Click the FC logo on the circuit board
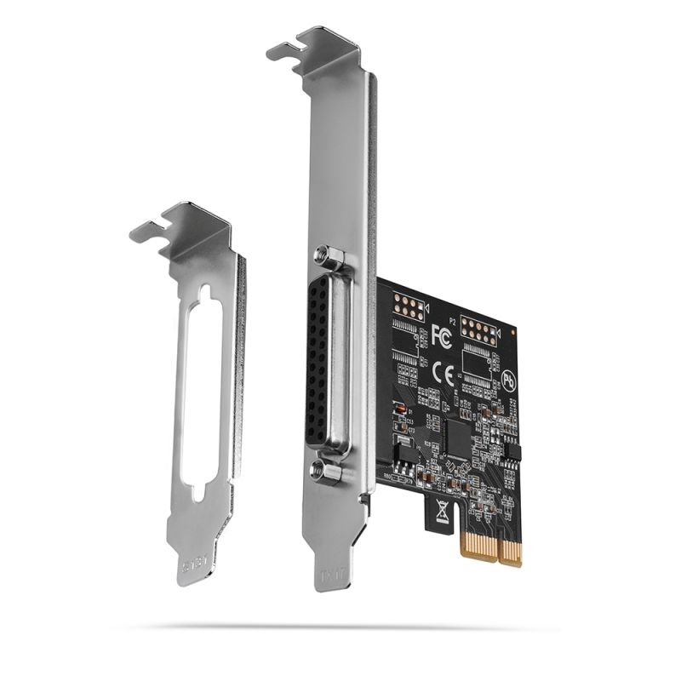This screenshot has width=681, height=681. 442,335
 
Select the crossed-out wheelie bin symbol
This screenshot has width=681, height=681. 443,512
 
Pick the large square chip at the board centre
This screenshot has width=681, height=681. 460,438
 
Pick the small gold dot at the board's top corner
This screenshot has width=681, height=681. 512,329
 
